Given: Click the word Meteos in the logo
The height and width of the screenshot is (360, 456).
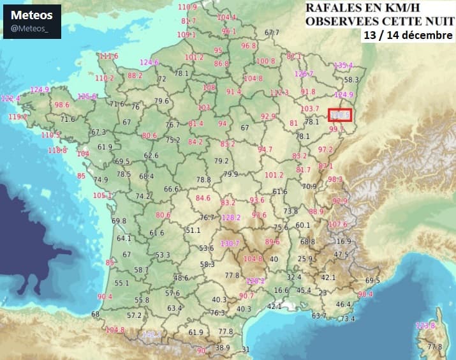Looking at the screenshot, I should pyautogui.click(x=32, y=15).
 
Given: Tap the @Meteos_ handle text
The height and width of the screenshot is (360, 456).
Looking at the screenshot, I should pyautogui.click(x=31, y=28).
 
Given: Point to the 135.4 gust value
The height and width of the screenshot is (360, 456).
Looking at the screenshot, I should pyautogui.click(x=343, y=65).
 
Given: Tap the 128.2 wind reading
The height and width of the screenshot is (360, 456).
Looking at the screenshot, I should pyautogui.click(x=231, y=217).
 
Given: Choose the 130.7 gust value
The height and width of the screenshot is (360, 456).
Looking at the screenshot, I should pyautogui.click(x=229, y=243).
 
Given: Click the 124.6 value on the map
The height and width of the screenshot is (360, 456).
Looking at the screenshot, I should pyautogui.click(x=149, y=63).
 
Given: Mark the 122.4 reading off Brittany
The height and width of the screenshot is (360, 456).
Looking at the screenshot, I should pyautogui.click(x=10, y=98).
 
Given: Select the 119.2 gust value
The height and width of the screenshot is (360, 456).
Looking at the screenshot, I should pyautogui.click(x=18, y=117).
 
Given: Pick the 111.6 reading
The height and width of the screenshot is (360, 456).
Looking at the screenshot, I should pyautogui.click(x=108, y=56).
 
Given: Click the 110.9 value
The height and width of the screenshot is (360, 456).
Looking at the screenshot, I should pyautogui.click(x=188, y=7).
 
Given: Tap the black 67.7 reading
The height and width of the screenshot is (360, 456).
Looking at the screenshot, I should pyautogui.click(x=272, y=33).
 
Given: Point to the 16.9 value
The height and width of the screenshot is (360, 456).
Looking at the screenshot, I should pyautogui.click(x=343, y=241).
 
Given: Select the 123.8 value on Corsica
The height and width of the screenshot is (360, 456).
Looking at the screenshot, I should pyautogui.click(x=425, y=326).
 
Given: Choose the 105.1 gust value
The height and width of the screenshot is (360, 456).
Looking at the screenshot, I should pyautogui.click(x=102, y=195).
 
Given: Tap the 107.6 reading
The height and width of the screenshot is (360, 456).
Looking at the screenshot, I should pyautogui.click(x=337, y=224).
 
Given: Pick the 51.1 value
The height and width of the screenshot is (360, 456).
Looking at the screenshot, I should pyautogui.click(x=193, y=230).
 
